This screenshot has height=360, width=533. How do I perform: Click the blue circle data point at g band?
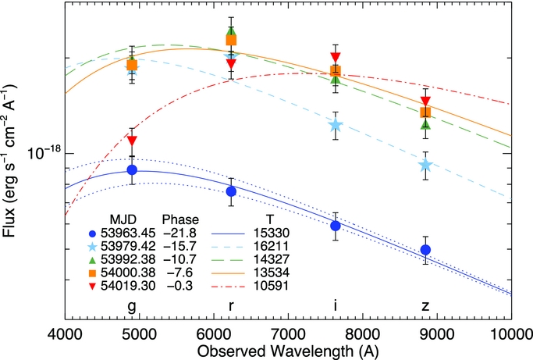[x=132, y=169]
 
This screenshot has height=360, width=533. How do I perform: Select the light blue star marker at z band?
[x=425, y=166]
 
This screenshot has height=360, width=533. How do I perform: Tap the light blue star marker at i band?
[x=336, y=125]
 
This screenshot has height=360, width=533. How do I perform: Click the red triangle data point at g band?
[x=132, y=140]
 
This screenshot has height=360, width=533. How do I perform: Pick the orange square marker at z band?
[x=425, y=112]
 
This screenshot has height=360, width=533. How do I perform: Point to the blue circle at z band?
[x=425, y=250]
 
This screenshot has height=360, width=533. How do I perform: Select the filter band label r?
[x=231, y=305]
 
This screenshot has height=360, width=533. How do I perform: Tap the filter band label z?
[x=425, y=305]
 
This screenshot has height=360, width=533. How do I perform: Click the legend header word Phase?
[x=179, y=219]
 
